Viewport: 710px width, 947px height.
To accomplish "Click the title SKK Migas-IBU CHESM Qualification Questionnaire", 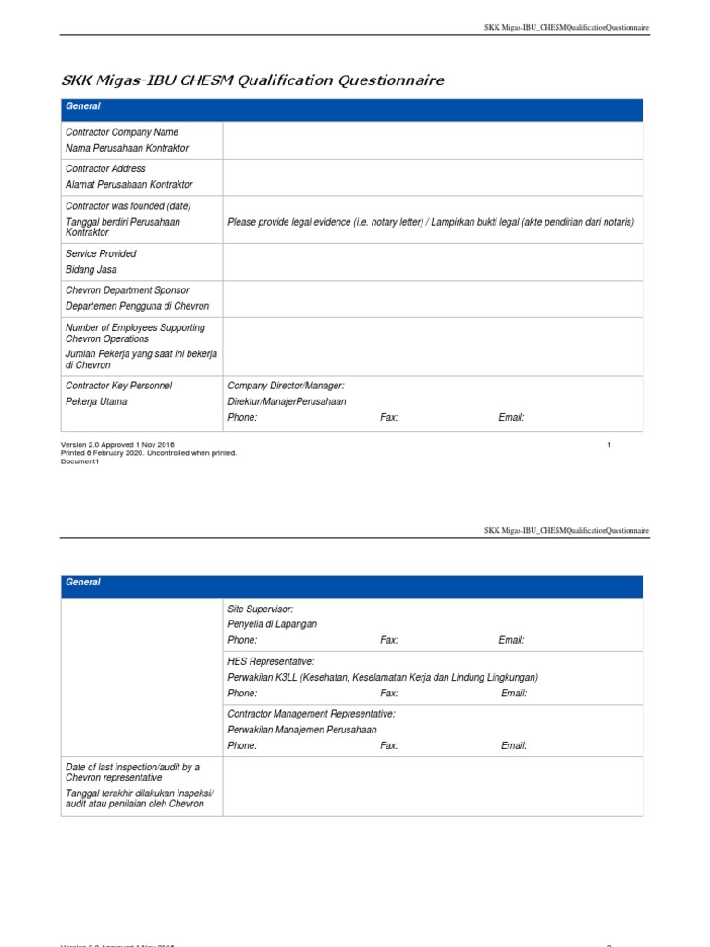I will click(x=252, y=80).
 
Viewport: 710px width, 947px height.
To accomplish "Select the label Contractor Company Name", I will click(x=122, y=132).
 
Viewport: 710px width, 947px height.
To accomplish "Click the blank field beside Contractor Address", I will click(x=433, y=178).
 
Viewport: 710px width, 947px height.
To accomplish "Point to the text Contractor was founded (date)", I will click(x=129, y=205).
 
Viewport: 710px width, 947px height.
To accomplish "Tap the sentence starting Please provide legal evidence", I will click(x=431, y=222).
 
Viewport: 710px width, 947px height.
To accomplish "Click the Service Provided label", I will click(x=101, y=253).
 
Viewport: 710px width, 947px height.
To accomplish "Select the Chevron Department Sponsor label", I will click(x=127, y=290).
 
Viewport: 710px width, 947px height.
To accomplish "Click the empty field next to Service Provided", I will click(x=433, y=262).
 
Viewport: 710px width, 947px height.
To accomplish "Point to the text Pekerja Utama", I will click(x=97, y=402).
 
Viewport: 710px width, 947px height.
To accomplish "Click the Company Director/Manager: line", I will click(x=286, y=385).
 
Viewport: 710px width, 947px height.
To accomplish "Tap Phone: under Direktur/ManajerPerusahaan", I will click(x=242, y=418).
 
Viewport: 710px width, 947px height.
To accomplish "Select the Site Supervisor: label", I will click(x=261, y=609).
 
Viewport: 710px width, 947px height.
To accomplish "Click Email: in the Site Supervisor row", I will click(x=511, y=640).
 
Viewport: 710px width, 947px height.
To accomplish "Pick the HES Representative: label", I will click(x=271, y=661).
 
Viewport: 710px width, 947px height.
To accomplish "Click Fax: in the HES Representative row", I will click(x=389, y=693).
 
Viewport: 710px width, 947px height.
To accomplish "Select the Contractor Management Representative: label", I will click(x=312, y=714).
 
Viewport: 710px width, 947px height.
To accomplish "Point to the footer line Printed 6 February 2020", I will click(x=149, y=453).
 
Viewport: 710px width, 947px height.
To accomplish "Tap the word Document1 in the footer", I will click(x=80, y=461).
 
